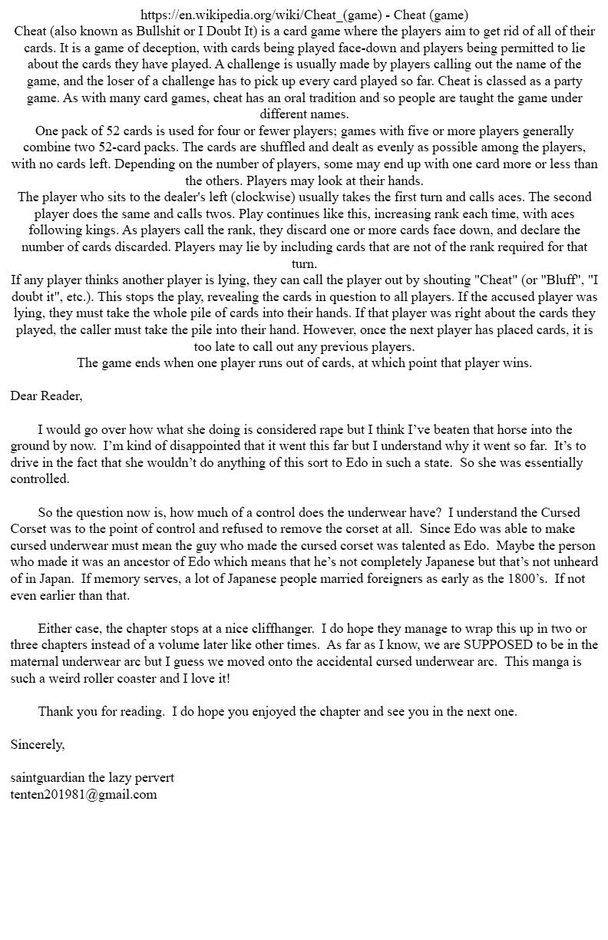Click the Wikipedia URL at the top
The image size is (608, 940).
[x=261, y=15]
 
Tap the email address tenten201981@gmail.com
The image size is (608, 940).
[x=84, y=795]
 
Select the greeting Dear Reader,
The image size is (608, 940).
[x=46, y=396]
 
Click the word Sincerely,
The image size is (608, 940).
[x=38, y=744]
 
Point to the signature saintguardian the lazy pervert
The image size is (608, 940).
[x=92, y=778]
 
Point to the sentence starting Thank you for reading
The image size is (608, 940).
[x=277, y=712]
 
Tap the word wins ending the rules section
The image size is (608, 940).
[x=514, y=363]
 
